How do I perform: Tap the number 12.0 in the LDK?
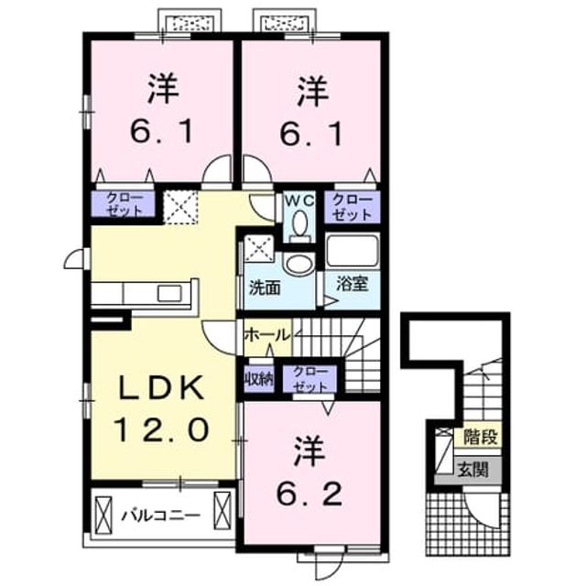[x=161, y=429]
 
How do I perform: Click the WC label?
[x=299, y=201]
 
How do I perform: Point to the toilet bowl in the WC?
[x=300, y=225]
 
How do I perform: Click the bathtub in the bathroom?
[x=352, y=250]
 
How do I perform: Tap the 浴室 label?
[x=352, y=283]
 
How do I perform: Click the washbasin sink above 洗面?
[x=299, y=264]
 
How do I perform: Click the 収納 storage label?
[x=259, y=380]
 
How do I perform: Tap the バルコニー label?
[x=161, y=515]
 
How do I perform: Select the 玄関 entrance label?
[x=473, y=470]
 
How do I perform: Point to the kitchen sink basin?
[x=169, y=293]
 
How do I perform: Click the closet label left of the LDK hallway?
[x=125, y=204]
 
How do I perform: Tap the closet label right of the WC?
[x=352, y=208]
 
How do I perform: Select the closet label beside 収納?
[x=310, y=379]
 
